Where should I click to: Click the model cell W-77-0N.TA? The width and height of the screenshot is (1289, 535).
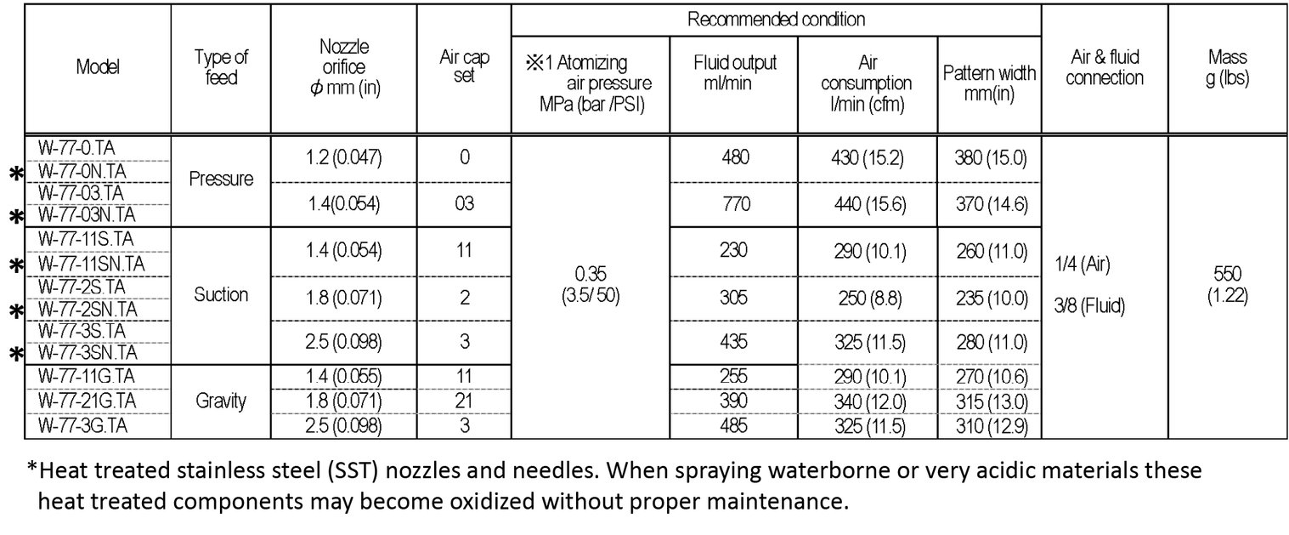click(82, 171)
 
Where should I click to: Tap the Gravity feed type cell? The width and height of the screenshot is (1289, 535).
click(221, 401)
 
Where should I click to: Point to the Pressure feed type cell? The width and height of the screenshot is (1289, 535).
click(221, 179)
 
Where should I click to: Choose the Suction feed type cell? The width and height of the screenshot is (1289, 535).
click(221, 295)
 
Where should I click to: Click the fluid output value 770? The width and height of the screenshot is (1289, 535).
click(733, 204)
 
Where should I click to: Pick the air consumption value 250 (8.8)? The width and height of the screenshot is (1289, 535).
click(866, 298)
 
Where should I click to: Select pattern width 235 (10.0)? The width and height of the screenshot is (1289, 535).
click(988, 298)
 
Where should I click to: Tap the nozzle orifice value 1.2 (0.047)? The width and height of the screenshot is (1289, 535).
click(342, 157)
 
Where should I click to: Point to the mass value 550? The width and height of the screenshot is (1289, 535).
click(1227, 274)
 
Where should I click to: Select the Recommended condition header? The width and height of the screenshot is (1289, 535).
click(776, 20)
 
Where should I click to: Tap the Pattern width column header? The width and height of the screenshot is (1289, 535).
click(989, 83)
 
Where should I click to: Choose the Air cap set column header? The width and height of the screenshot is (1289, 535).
click(463, 67)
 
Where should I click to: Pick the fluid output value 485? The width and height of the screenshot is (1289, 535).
click(733, 424)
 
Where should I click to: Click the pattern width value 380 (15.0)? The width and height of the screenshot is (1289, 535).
click(988, 157)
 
